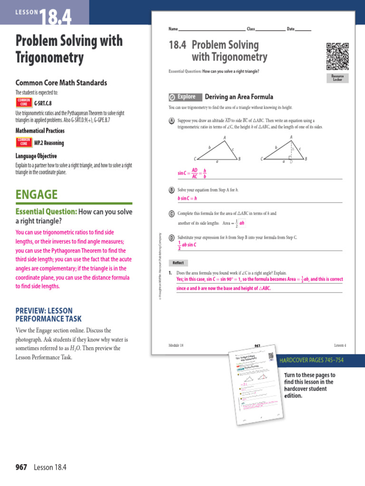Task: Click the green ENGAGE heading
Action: (37, 195)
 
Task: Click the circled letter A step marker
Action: (172, 121)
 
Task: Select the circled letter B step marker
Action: (172, 190)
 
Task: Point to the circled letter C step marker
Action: (172, 214)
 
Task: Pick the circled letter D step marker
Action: (172, 236)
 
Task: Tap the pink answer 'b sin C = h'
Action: (187, 198)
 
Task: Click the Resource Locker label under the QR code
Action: (337, 78)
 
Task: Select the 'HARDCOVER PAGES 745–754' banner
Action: (312, 360)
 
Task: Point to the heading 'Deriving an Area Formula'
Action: (239, 97)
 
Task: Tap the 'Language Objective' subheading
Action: (36, 156)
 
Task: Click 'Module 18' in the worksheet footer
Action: (176, 345)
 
